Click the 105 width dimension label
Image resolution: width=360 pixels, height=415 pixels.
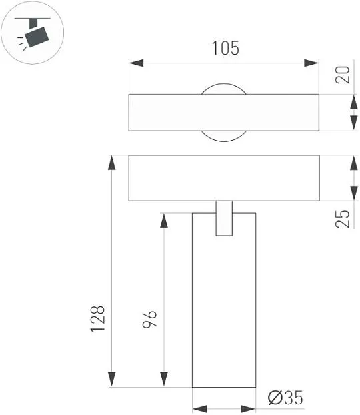tap(226, 48)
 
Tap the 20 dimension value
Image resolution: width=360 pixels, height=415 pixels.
tap(342, 75)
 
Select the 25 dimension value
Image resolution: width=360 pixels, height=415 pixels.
tap(342, 219)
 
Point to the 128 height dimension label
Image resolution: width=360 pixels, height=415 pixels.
tap(97, 319)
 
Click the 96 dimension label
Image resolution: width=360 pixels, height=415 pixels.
tap(149, 319)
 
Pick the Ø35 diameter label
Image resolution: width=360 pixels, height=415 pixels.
tap(285, 398)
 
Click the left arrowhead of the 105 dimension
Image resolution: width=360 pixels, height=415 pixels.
tap(136, 63)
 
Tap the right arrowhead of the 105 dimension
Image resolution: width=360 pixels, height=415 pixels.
tap(311, 63)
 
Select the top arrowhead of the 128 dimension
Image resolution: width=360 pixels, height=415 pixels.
tap(112, 163)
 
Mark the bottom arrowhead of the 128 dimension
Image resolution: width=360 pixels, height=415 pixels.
tap(112, 379)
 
